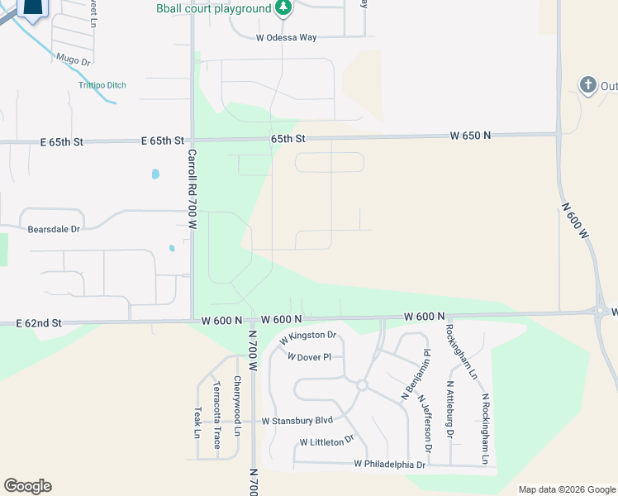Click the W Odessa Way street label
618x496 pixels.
pos(286,37)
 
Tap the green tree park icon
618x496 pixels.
pos(284,8)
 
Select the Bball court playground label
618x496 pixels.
pos(214,8)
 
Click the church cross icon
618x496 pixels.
pos(587,85)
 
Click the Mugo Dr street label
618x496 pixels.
pos(73,60)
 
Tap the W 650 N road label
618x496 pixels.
pos(470,135)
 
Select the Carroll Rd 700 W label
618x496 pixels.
pos(192,188)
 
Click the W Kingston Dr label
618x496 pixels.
pos(307,336)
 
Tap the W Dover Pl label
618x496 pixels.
pos(309,357)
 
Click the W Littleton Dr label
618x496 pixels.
pos(326,442)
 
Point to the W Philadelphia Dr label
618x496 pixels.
pos(389,465)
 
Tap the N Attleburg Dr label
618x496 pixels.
pos(450,408)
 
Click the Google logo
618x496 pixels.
pos(27,486)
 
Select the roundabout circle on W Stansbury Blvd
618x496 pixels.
pos(361,385)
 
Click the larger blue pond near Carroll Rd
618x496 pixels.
pos(154,174)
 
